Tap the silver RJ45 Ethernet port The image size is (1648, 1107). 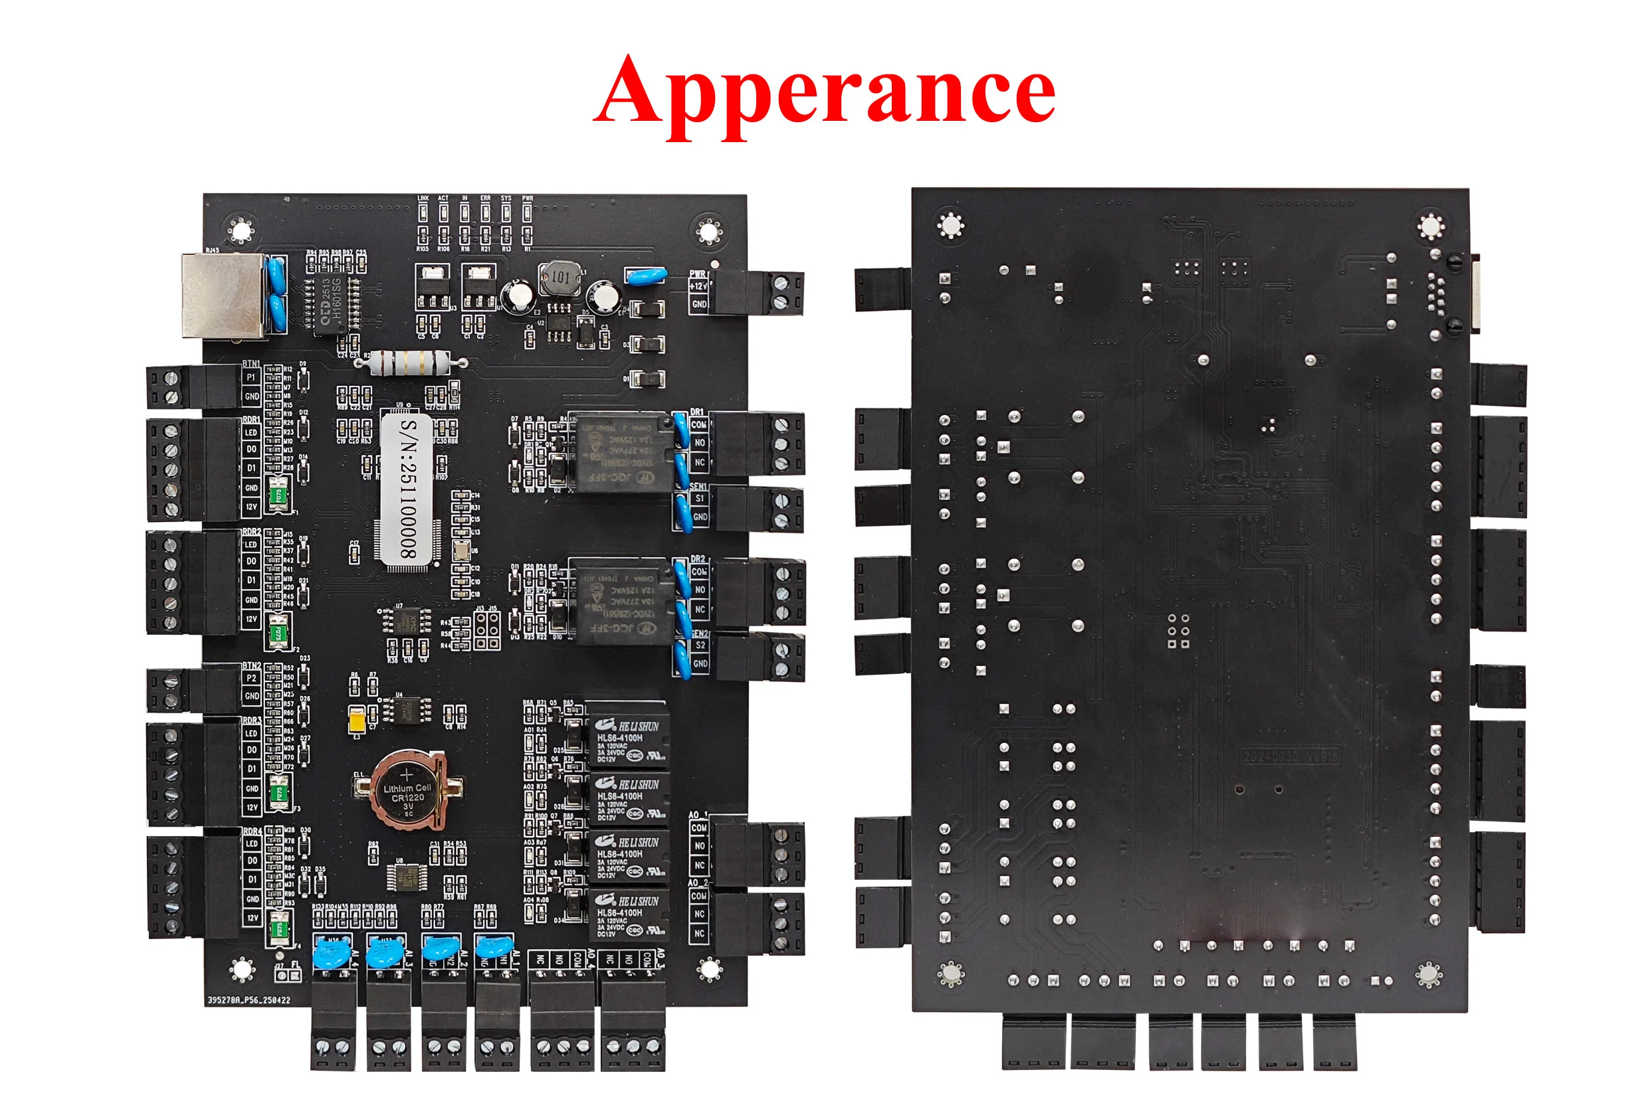click(223, 295)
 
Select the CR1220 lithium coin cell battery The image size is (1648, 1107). click(407, 790)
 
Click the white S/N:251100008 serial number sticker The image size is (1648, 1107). click(407, 489)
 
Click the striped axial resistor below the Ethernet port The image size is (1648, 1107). click(411, 363)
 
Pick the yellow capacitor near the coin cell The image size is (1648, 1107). click(358, 719)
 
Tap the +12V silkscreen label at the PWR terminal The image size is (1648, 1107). click(697, 286)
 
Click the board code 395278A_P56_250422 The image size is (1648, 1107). click(249, 999)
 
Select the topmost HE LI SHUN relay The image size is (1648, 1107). click(627, 734)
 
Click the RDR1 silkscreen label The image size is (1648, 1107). click(251, 420)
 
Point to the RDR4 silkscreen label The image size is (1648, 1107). click(251, 831)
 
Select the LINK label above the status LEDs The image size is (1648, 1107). click(423, 199)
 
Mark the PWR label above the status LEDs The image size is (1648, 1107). click(527, 199)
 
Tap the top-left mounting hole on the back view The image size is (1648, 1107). click(950, 225)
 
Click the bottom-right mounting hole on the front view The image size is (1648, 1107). click(709, 969)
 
